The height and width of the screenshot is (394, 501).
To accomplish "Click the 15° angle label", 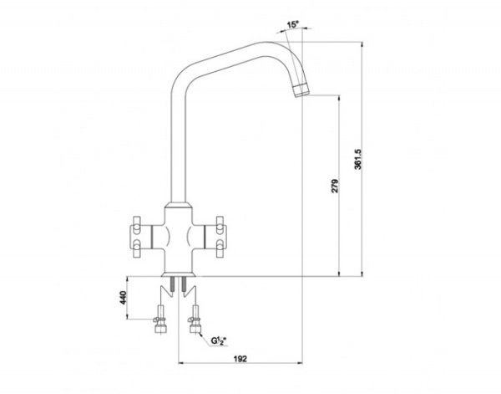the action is point(293,24).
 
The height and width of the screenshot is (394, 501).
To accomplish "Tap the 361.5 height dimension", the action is point(358,159).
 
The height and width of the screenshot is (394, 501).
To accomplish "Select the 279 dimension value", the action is point(335,186).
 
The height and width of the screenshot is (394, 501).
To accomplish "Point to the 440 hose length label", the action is point(124,298).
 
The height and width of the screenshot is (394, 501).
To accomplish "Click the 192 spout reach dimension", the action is point(240,359).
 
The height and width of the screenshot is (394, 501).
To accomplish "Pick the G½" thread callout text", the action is point(219,340).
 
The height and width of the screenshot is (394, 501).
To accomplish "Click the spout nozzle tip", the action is point(301,90).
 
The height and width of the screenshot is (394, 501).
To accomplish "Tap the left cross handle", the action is point(140,237).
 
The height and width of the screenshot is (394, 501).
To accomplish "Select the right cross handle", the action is point(215,237).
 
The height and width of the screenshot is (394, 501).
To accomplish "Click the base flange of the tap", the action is point(179,274).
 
